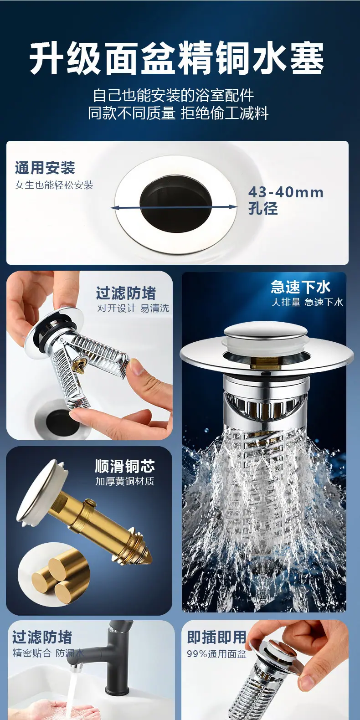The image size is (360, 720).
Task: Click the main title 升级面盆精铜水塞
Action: click(177, 58)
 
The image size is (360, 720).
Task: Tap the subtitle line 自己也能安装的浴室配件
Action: click(174, 95)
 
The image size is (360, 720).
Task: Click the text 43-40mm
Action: click(286, 192)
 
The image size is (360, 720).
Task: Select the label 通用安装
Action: click(45, 167)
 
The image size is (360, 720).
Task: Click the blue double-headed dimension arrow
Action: click(174, 207)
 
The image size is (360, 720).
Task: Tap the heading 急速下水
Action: click(301, 287)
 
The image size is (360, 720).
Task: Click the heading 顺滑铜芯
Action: click(125, 466)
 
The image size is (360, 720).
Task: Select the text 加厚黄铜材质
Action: click(125, 481)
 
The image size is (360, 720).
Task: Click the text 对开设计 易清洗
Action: click(133, 308)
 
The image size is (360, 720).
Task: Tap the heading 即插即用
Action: click(216, 637)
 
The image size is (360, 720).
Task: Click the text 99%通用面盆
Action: click(216, 654)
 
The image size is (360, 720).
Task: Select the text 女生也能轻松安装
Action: click(54, 185)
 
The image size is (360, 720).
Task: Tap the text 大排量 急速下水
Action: click(307, 302)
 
